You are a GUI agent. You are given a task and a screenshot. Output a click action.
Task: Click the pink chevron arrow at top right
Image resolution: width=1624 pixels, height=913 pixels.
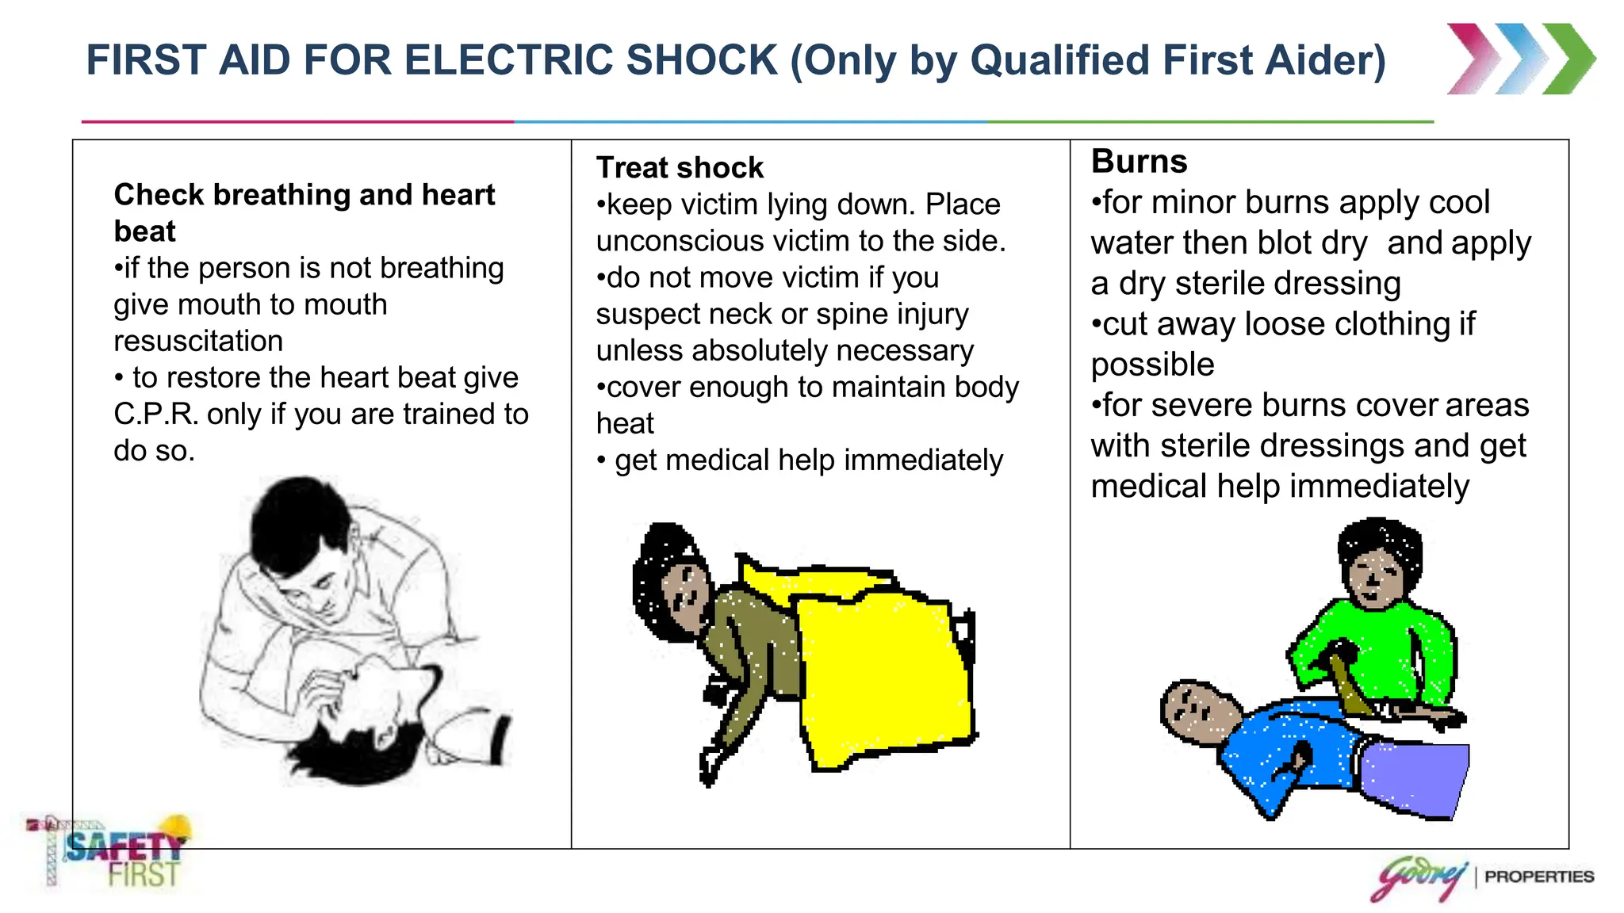point(1473,59)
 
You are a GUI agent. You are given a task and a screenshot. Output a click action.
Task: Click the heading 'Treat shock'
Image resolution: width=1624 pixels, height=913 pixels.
point(680,168)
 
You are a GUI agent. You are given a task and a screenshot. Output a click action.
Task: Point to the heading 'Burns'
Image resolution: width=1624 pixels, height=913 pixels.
point(1139,162)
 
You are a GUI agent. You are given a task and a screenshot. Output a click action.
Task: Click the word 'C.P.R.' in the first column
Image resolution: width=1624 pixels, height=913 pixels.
point(156,414)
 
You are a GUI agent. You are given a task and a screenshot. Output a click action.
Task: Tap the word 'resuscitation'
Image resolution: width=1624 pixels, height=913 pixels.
point(198,342)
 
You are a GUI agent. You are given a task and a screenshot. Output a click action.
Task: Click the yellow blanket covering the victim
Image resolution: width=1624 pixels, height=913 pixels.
point(884,674)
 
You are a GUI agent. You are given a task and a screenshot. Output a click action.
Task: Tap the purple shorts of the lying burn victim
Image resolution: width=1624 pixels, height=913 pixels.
point(1415,777)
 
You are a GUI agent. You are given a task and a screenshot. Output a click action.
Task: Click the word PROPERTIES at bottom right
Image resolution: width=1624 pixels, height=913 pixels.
point(1538,877)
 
